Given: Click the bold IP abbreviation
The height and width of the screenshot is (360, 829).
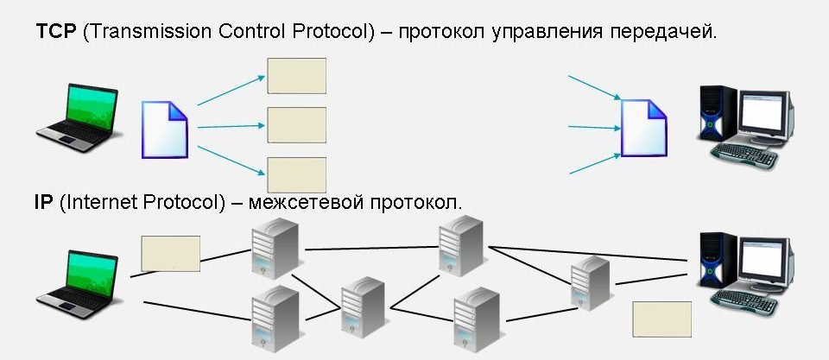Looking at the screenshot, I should tap(44, 202).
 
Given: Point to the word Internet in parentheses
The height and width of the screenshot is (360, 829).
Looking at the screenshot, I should tap(104, 202).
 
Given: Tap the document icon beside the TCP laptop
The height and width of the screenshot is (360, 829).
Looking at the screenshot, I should tap(164, 129).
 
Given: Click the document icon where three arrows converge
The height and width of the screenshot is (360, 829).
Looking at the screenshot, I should tap(644, 128).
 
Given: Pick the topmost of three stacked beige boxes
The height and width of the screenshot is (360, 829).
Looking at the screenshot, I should tap(296, 75).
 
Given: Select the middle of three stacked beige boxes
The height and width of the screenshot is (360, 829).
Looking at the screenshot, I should tap(296, 125).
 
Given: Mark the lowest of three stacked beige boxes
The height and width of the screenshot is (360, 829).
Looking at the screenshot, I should tap(296, 174).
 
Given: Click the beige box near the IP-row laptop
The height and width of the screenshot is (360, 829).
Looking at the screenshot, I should tap(170, 253).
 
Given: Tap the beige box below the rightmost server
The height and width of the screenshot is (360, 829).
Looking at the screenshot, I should tap(662, 319).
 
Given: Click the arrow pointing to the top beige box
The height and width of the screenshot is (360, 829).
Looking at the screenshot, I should tap(231, 89).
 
